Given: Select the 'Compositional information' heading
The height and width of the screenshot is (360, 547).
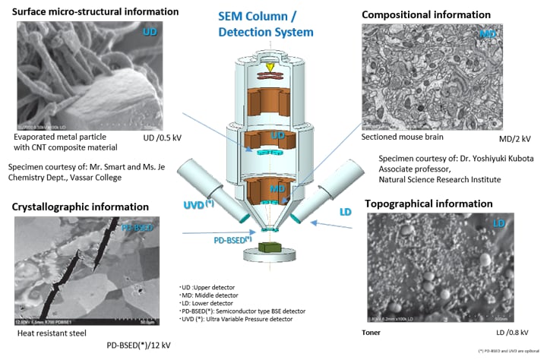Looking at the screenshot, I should point(416,14).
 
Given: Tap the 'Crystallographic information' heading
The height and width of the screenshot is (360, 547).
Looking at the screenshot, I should point(79,207).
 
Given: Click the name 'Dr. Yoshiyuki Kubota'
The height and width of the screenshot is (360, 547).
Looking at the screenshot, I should point(487,158).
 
